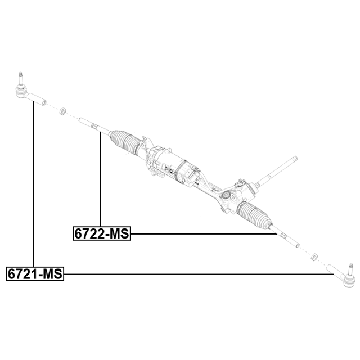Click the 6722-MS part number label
click(102, 233)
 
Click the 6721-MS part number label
click(35, 273)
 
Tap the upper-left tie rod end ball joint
click(21, 91)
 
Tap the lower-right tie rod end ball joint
click(349, 281)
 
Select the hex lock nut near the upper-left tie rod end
click(62, 111)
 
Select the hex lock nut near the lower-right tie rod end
click(314, 256)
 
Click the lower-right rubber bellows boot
click(254, 215)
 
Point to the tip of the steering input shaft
click(296, 157)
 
